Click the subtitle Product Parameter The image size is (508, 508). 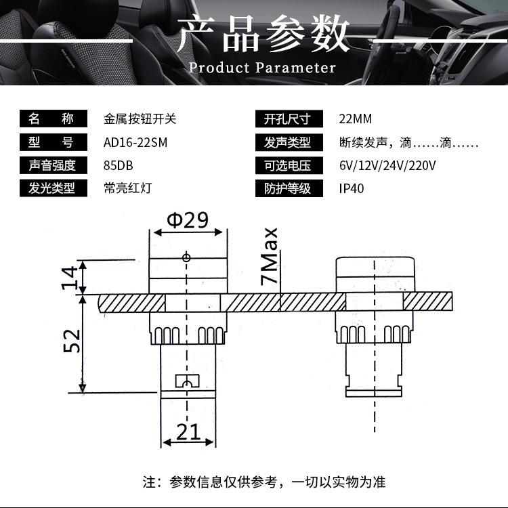click(262, 68)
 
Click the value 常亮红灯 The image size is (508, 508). click(127, 188)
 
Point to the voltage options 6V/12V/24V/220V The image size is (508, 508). click(387, 165)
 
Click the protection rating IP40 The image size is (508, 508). click(352, 188)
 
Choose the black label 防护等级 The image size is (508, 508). click(287, 188)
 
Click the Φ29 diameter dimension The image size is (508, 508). click(186, 219)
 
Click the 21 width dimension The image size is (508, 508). click(189, 431)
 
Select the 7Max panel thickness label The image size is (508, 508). click(271, 257)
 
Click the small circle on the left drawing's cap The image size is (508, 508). click(186, 257)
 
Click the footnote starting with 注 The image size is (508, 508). click(263, 482)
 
